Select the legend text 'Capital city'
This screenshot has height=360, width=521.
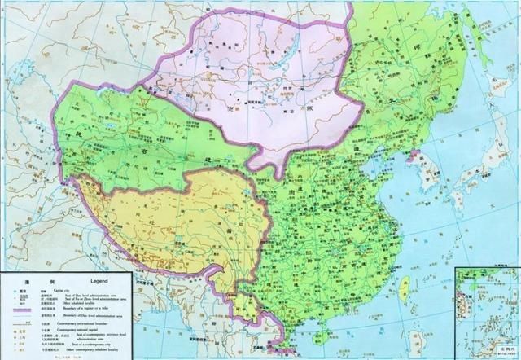tap(61, 287)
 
